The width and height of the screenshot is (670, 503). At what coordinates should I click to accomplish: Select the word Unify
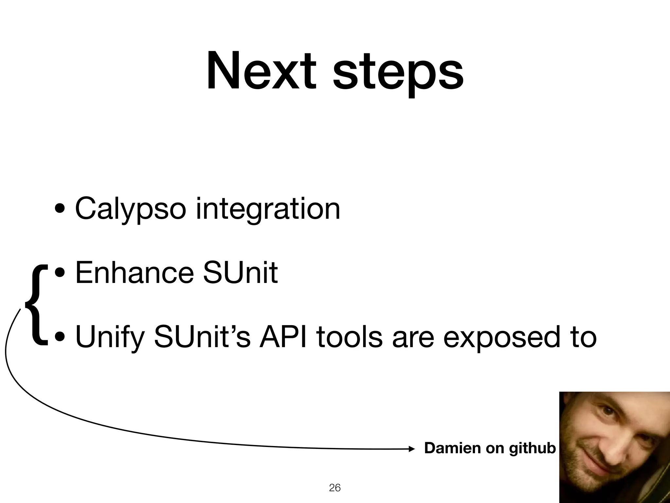(x=110, y=337)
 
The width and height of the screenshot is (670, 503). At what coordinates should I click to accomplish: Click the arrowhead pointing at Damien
(x=412, y=449)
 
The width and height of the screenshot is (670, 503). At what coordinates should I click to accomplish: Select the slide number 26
(x=335, y=488)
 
